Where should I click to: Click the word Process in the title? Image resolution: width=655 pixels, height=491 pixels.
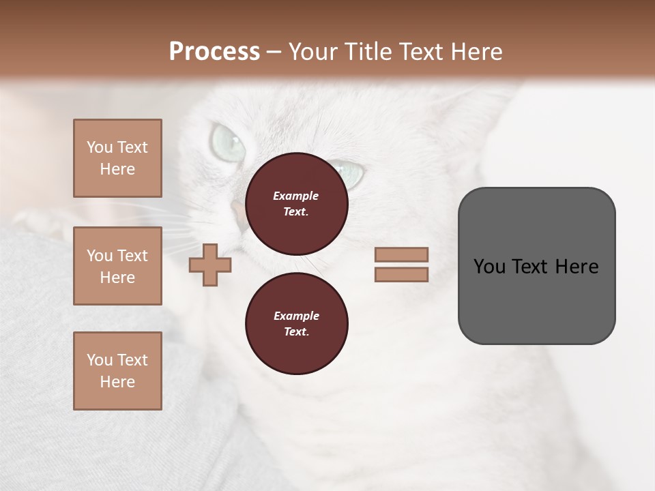pyautogui.click(x=214, y=52)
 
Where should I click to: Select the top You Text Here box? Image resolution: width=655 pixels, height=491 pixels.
pyautogui.click(x=117, y=158)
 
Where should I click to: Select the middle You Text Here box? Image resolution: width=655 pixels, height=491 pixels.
pyautogui.click(x=117, y=266)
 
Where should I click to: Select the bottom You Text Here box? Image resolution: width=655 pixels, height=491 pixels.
pyautogui.click(x=117, y=371)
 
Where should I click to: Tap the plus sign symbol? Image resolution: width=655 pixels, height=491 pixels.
pyautogui.click(x=210, y=265)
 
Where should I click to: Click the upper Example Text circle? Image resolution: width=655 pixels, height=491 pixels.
pyautogui.click(x=296, y=203)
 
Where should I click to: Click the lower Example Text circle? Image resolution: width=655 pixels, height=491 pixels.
pyautogui.click(x=296, y=323)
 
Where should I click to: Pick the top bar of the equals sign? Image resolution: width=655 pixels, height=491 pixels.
pyautogui.click(x=401, y=255)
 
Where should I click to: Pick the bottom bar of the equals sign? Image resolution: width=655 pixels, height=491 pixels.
pyautogui.click(x=401, y=274)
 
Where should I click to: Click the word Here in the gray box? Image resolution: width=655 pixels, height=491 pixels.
pyautogui.click(x=577, y=267)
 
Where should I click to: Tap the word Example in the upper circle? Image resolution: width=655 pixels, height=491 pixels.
pyautogui.click(x=296, y=196)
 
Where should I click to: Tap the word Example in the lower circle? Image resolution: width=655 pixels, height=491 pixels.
pyautogui.click(x=296, y=316)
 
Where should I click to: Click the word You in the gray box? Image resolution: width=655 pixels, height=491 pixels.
pyautogui.click(x=490, y=267)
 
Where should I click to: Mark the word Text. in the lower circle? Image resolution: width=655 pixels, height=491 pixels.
pyautogui.click(x=296, y=332)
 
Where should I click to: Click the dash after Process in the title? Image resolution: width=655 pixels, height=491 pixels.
pyautogui.click(x=274, y=53)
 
